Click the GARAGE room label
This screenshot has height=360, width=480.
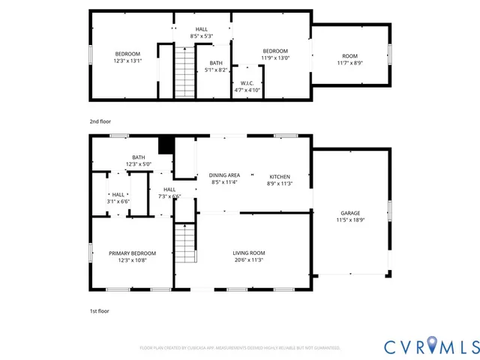(x=349, y=213)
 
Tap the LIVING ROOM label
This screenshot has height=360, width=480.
(x=248, y=253)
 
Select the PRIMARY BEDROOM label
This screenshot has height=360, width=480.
(x=132, y=253)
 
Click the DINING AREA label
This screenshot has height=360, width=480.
(x=224, y=175)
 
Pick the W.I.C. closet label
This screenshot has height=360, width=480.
(x=247, y=82)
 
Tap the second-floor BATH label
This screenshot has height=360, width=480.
(x=216, y=63)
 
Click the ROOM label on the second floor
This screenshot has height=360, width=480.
(x=349, y=56)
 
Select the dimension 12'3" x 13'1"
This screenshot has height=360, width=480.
(x=127, y=61)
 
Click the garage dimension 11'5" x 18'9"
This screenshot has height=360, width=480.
(x=349, y=220)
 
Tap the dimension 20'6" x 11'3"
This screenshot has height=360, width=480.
(x=248, y=260)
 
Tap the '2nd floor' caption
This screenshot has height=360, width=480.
(x=100, y=120)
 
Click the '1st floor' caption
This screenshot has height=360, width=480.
(x=99, y=309)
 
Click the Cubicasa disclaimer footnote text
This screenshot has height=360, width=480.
(x=240, y=348)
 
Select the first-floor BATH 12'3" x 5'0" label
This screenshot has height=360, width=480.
(x=139, y=160)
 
